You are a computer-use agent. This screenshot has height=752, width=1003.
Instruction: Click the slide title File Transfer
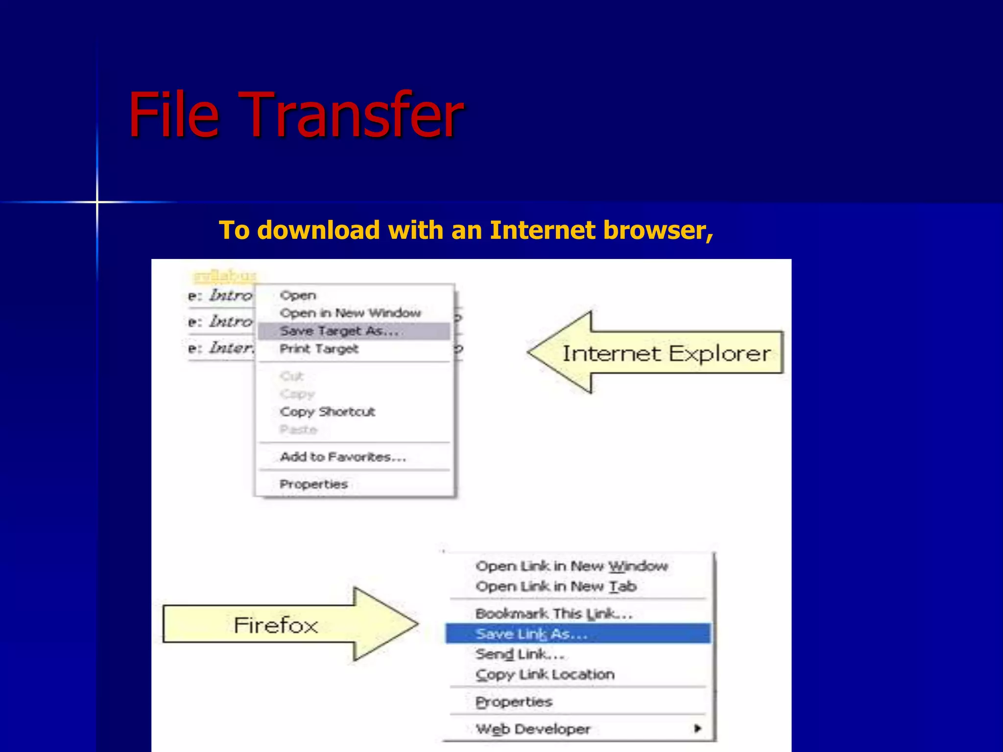click(296, 116)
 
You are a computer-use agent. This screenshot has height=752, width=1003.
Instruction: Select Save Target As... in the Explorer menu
click(339, 331)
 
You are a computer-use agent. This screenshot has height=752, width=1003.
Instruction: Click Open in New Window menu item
click(350, 313)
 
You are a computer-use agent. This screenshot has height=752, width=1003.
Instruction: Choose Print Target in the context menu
click(319, 349)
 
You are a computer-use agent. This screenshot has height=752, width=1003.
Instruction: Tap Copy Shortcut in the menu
click(327, 412)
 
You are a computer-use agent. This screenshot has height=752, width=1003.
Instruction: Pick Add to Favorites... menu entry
click(343, 457)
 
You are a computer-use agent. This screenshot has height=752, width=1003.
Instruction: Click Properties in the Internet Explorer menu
click(313, 484)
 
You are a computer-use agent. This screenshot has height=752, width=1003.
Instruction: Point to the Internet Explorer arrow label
click(666, 353)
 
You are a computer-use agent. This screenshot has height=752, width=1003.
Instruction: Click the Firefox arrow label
click(276, 625)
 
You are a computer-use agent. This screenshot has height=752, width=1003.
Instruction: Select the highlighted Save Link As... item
click(531, 634)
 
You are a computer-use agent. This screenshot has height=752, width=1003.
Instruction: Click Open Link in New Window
click(571, 566)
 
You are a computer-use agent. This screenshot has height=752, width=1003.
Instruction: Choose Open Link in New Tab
click(556, 587)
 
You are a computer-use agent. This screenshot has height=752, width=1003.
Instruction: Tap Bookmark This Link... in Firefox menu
click(554, 614)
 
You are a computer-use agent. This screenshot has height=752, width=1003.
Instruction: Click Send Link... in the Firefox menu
click(520, 654)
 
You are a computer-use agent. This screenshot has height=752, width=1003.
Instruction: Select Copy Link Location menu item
click(545, 675)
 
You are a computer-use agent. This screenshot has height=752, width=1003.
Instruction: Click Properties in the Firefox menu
click(514, 702)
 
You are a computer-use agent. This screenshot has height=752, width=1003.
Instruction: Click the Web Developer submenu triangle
click(697, 728)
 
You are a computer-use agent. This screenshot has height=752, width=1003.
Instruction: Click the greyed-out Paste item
click(298, 430)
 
